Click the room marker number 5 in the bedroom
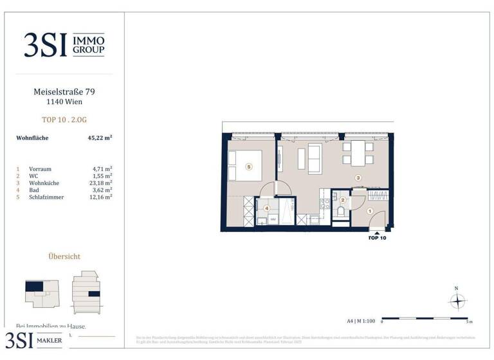click(249, 166)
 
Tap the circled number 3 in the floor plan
click(358, 178)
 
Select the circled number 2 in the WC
click(343, 200)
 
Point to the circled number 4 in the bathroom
click(266, 208)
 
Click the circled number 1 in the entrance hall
click(369, 211)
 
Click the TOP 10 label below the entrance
click(377, 238)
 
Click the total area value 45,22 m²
click(100, 138)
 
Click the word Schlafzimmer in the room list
click(47, 197)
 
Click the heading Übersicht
click(64, 256)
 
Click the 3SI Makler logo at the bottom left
click(35, 340)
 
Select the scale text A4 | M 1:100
click(360, 320)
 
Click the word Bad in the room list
click(34, 190)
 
